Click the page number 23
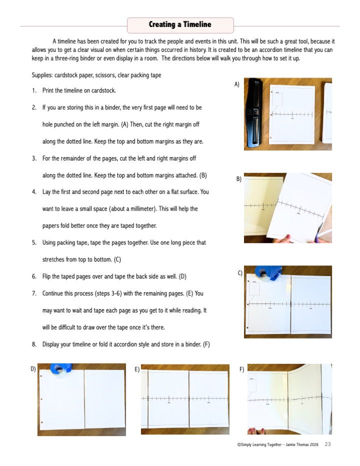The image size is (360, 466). [327, 444]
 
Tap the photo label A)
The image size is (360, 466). [237, 84]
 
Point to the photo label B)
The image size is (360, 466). [238, 178]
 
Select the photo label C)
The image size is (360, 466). [240, 272]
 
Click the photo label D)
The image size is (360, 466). [33, 369]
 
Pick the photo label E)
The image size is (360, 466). [137, 369]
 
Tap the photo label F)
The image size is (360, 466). [241, 369]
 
